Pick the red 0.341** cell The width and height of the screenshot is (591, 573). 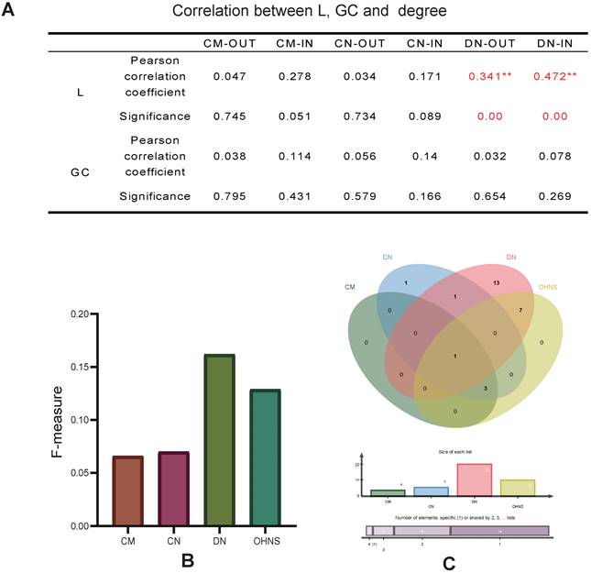point(486,75)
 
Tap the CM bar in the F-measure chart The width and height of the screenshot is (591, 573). point(127,490)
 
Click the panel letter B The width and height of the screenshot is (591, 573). point(186,559)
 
